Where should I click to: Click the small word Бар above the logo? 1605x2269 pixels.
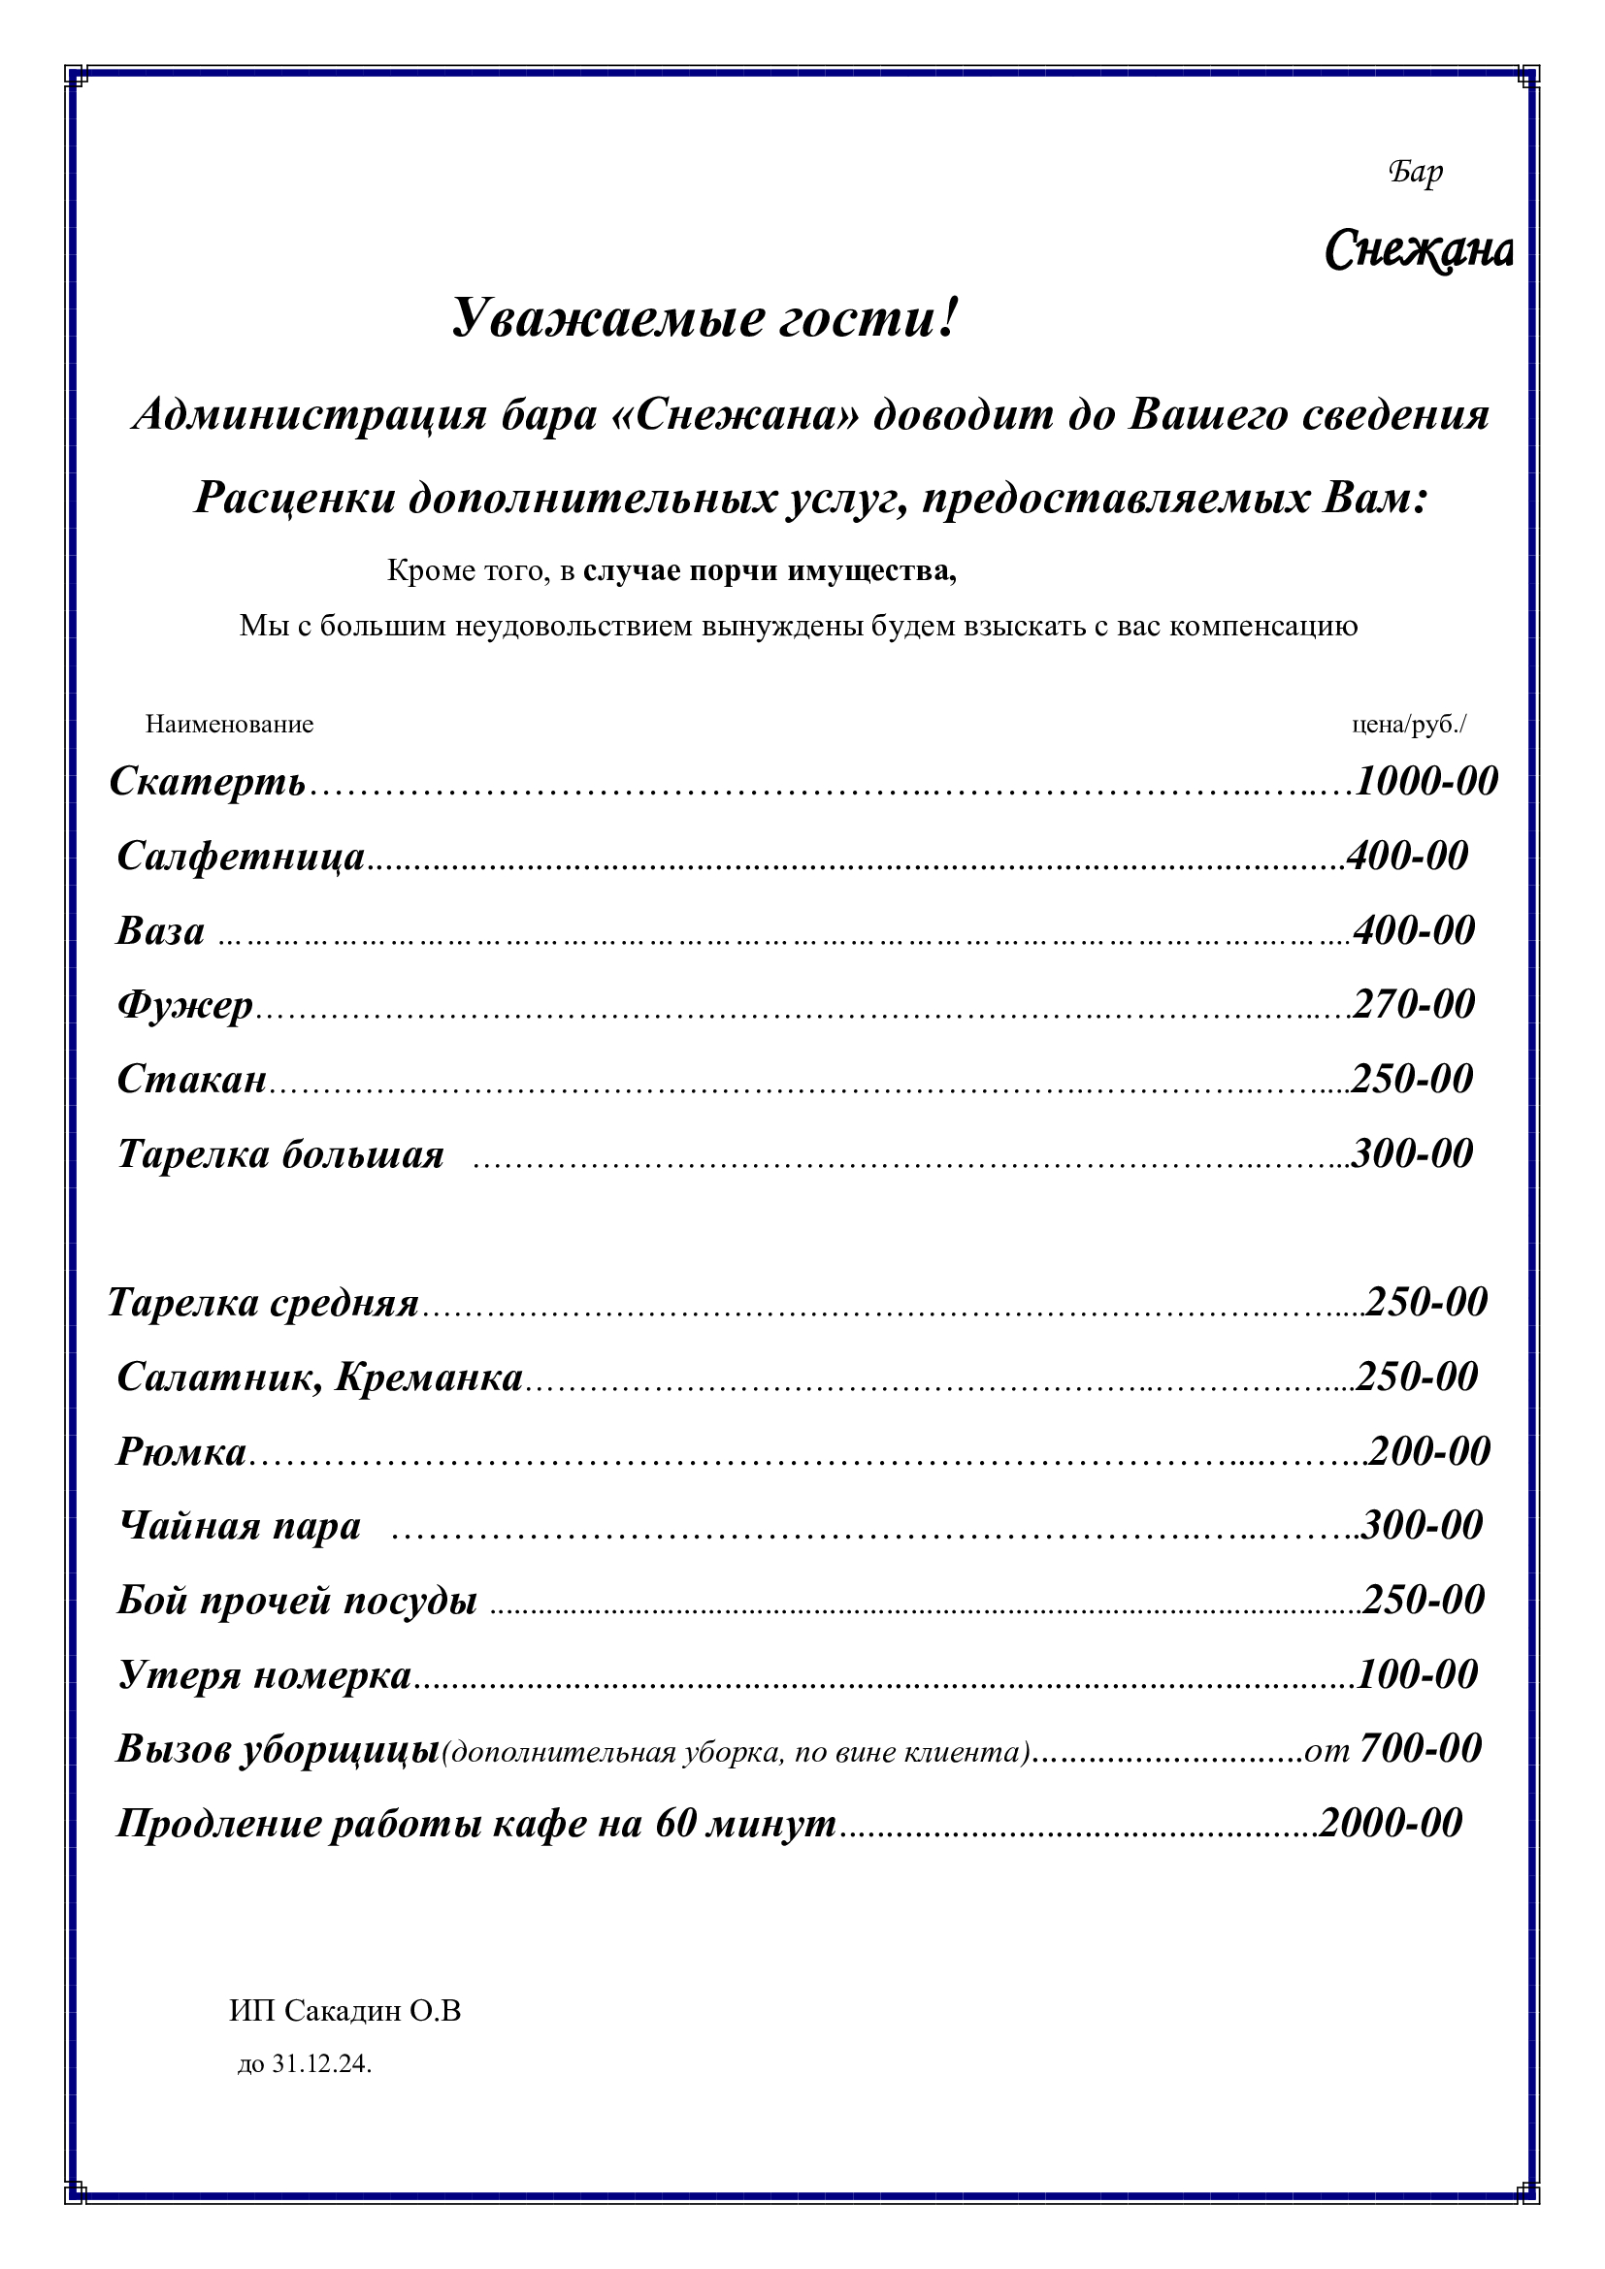click(x=1415, y=172)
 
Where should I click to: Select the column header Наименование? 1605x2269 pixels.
click(x=229, y=725)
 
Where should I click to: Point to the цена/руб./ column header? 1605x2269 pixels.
click(x=1408, y=725)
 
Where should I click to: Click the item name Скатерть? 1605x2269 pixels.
click(x=208, y=782)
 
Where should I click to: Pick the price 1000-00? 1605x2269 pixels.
click(x=1426, y=782)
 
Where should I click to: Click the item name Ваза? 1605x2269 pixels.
click(x=161, y=931)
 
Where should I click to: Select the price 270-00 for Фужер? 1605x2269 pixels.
click(x=1413, y=1005)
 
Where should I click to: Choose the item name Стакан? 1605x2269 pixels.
click(x=193, y=1079)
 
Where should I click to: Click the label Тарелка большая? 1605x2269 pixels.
click(x=281, y=1154)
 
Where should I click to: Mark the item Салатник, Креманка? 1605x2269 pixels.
click(x=320, y=1377)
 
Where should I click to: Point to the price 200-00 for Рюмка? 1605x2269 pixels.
click(x=1429, y=1452)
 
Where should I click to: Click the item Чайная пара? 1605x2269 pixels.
click(x=240, y=1526)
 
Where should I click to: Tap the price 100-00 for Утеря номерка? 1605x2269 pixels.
click(x=1417, y=1675)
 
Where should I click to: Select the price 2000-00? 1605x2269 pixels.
click(x=1391, y=1824)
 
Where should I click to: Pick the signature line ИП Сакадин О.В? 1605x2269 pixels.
click(x=344, y=2011)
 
